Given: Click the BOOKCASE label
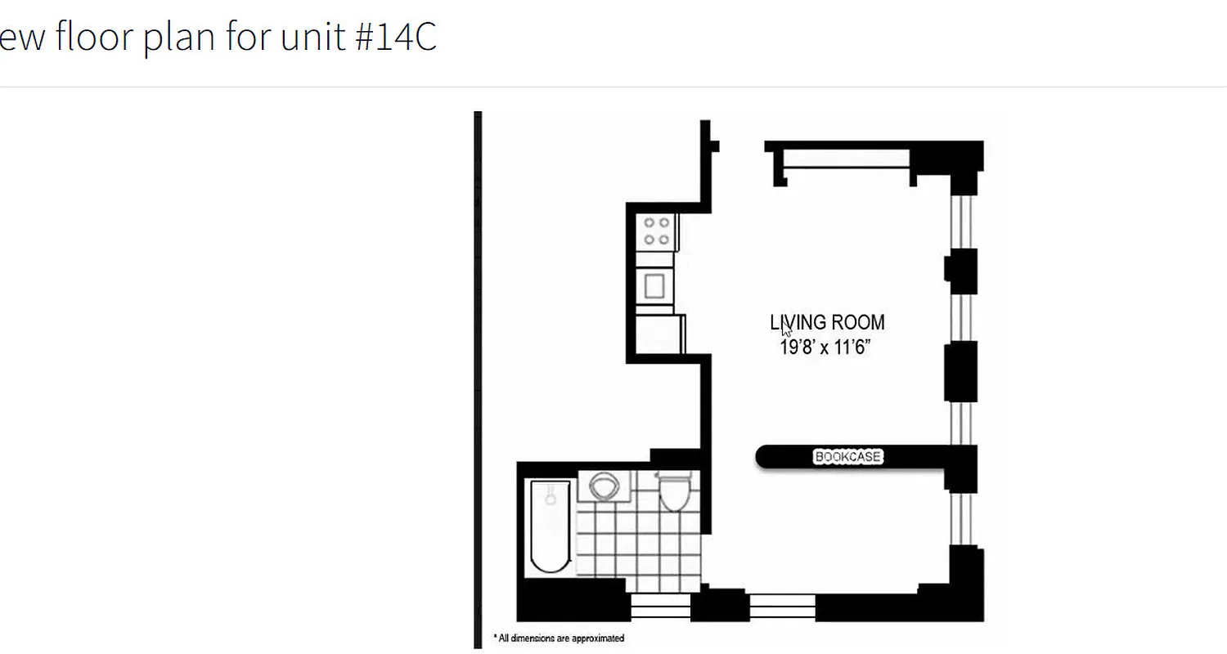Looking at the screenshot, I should coord(848,457).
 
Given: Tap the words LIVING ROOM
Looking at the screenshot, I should coord(827,323).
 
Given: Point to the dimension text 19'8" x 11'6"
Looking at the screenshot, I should coord(825,348).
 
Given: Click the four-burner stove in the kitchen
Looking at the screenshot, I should coord(656,231).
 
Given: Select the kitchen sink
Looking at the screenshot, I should coord(655,285).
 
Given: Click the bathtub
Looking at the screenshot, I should coord(550,526).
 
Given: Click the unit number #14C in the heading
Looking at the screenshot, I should coord(397,38).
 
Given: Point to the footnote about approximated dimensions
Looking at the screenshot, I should coord(559,638).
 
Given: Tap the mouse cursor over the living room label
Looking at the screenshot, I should coord(785,329).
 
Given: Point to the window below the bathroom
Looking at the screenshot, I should coord(661,607).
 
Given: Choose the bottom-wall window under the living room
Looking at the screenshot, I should coord(783,607).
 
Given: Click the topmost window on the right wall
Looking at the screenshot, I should coord(961,222).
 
